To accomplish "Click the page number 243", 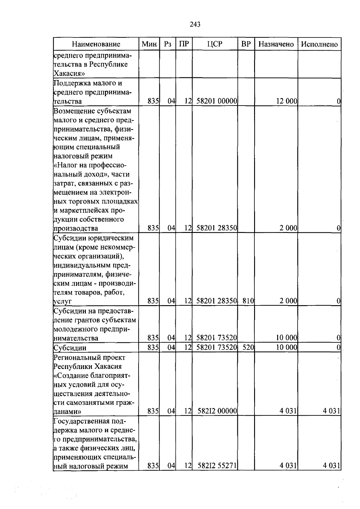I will pos(195,24).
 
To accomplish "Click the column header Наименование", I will pos(96,44).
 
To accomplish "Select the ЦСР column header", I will pos(215,44).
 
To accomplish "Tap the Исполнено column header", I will pos(319,44).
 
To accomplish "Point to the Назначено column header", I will pos(276,44).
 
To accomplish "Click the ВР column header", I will pos(246,44).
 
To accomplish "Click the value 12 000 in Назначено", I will pos(286,101).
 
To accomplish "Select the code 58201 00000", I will pos(217,101).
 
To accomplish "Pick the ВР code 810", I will pos(248,301).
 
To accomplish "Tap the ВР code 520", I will pos(248,348).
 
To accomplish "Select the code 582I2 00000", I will pos(217,411).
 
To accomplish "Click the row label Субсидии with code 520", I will pos(70,348).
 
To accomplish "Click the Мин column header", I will pos(149,44).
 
